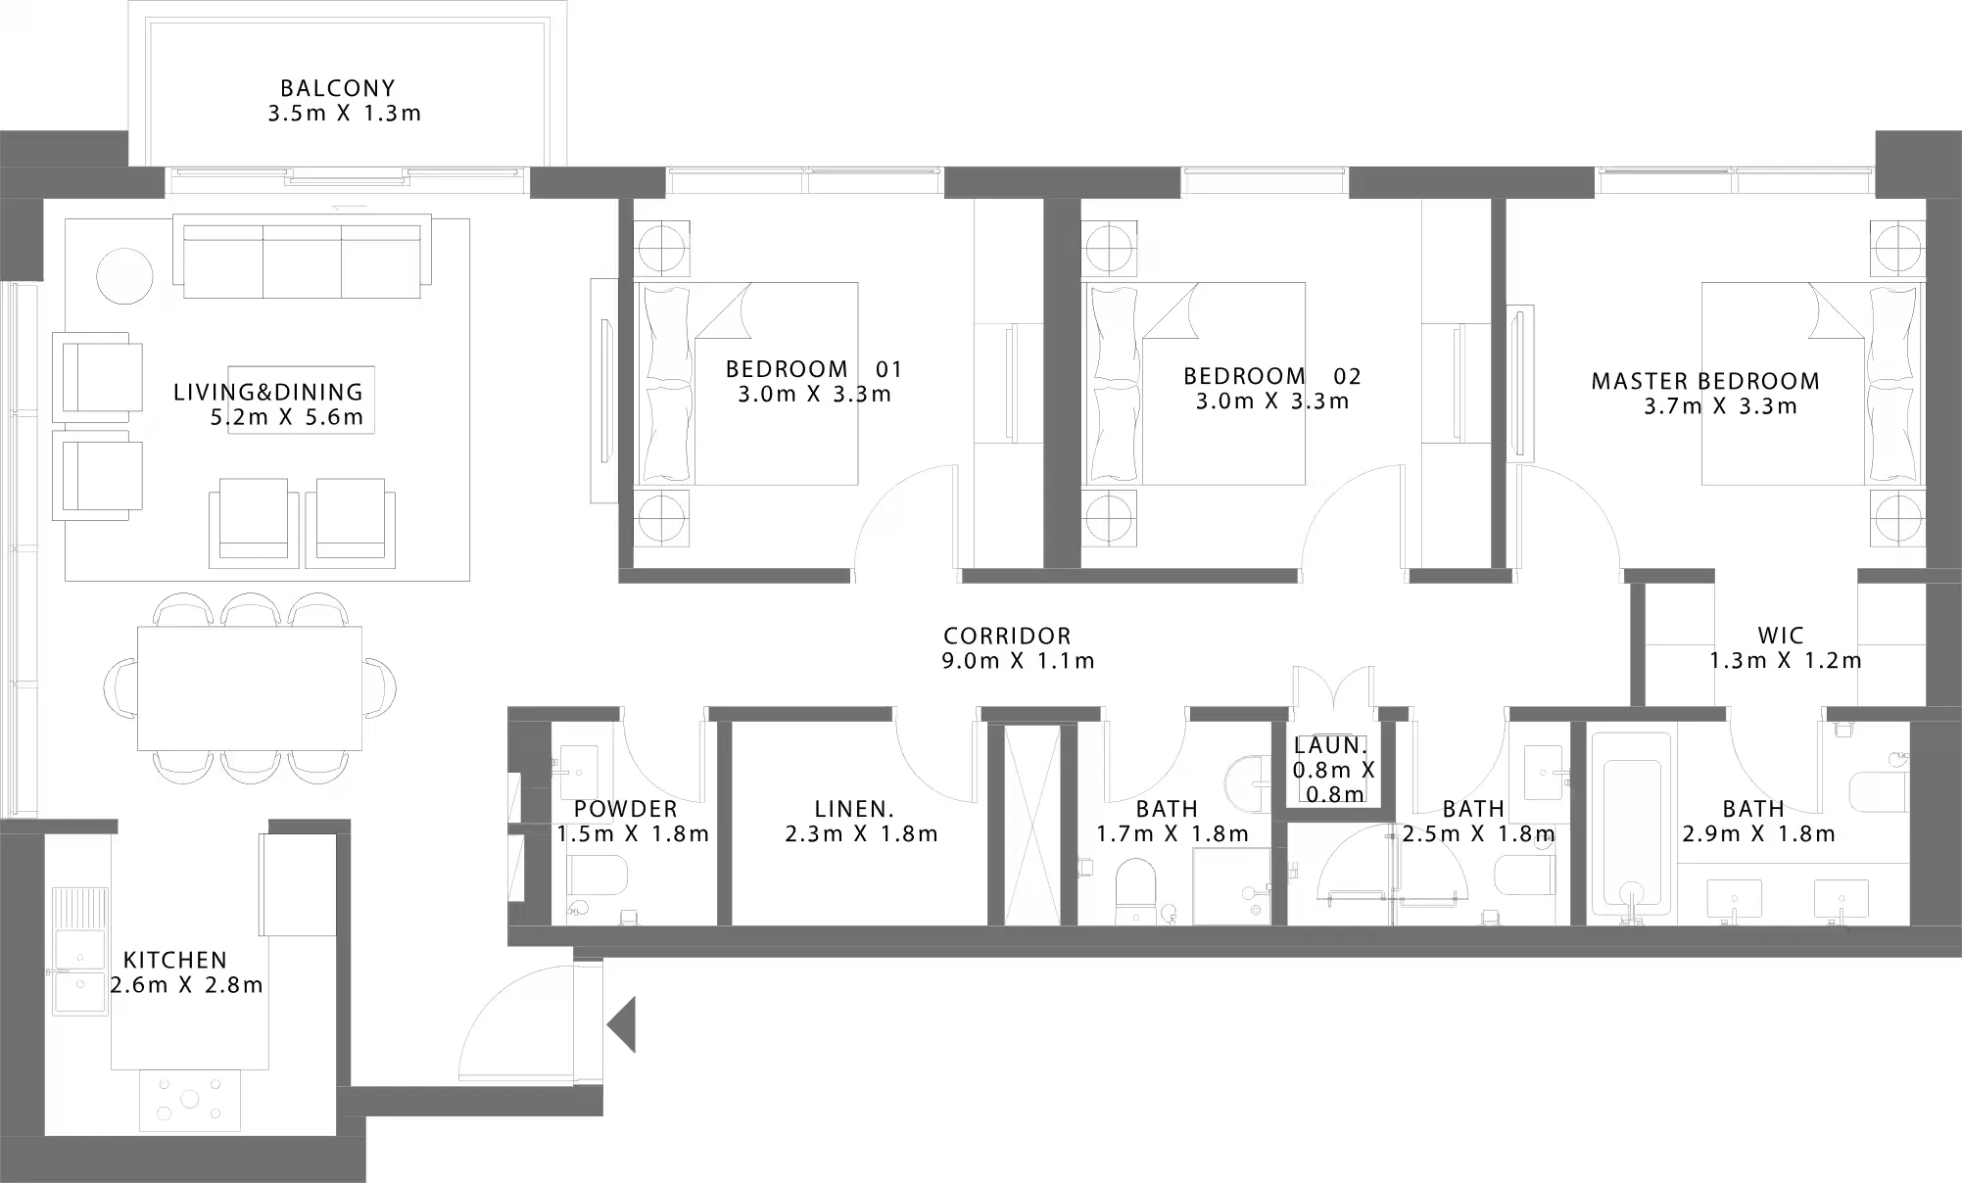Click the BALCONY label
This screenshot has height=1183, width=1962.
click(338, 88)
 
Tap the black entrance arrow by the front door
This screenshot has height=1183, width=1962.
click(624, 1024)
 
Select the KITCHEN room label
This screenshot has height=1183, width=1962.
click(175, 960)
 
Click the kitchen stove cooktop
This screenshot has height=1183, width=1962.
click(190, 1100)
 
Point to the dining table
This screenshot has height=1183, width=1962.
click(250, 687)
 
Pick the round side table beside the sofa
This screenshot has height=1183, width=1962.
click(124, 276)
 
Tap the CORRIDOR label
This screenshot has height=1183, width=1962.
click(1008, 636)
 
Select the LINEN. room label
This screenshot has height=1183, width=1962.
click(854, 809)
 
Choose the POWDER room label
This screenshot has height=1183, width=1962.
click(626, 809)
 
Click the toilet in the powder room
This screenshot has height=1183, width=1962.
click(597, 877)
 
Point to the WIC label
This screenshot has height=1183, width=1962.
click(1781, 636)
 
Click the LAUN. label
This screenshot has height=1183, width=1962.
click(1330, 745)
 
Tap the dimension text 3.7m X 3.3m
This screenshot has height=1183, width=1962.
click(1721, 405)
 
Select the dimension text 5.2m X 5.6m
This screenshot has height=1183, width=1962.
click(287, 417)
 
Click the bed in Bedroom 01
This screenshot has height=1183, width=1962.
click(747, 384)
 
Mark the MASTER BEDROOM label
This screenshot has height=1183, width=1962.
click(1705, 381)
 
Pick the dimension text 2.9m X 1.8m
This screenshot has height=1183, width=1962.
click(1759, 833)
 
